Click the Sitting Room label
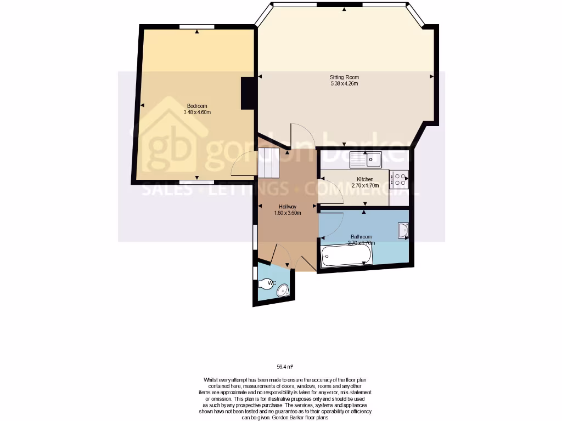344,77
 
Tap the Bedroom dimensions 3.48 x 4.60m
197,112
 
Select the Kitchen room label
365,179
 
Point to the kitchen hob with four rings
399,180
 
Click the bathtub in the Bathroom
347,255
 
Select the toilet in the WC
266,283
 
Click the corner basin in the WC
284,291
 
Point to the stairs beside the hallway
269,163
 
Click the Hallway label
288,206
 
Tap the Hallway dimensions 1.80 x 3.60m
288,213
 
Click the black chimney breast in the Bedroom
248,93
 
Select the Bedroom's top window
197,26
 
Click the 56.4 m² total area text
284,367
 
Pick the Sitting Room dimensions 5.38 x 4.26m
344,84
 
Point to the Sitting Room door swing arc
302,134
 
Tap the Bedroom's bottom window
197,181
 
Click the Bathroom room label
362,237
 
